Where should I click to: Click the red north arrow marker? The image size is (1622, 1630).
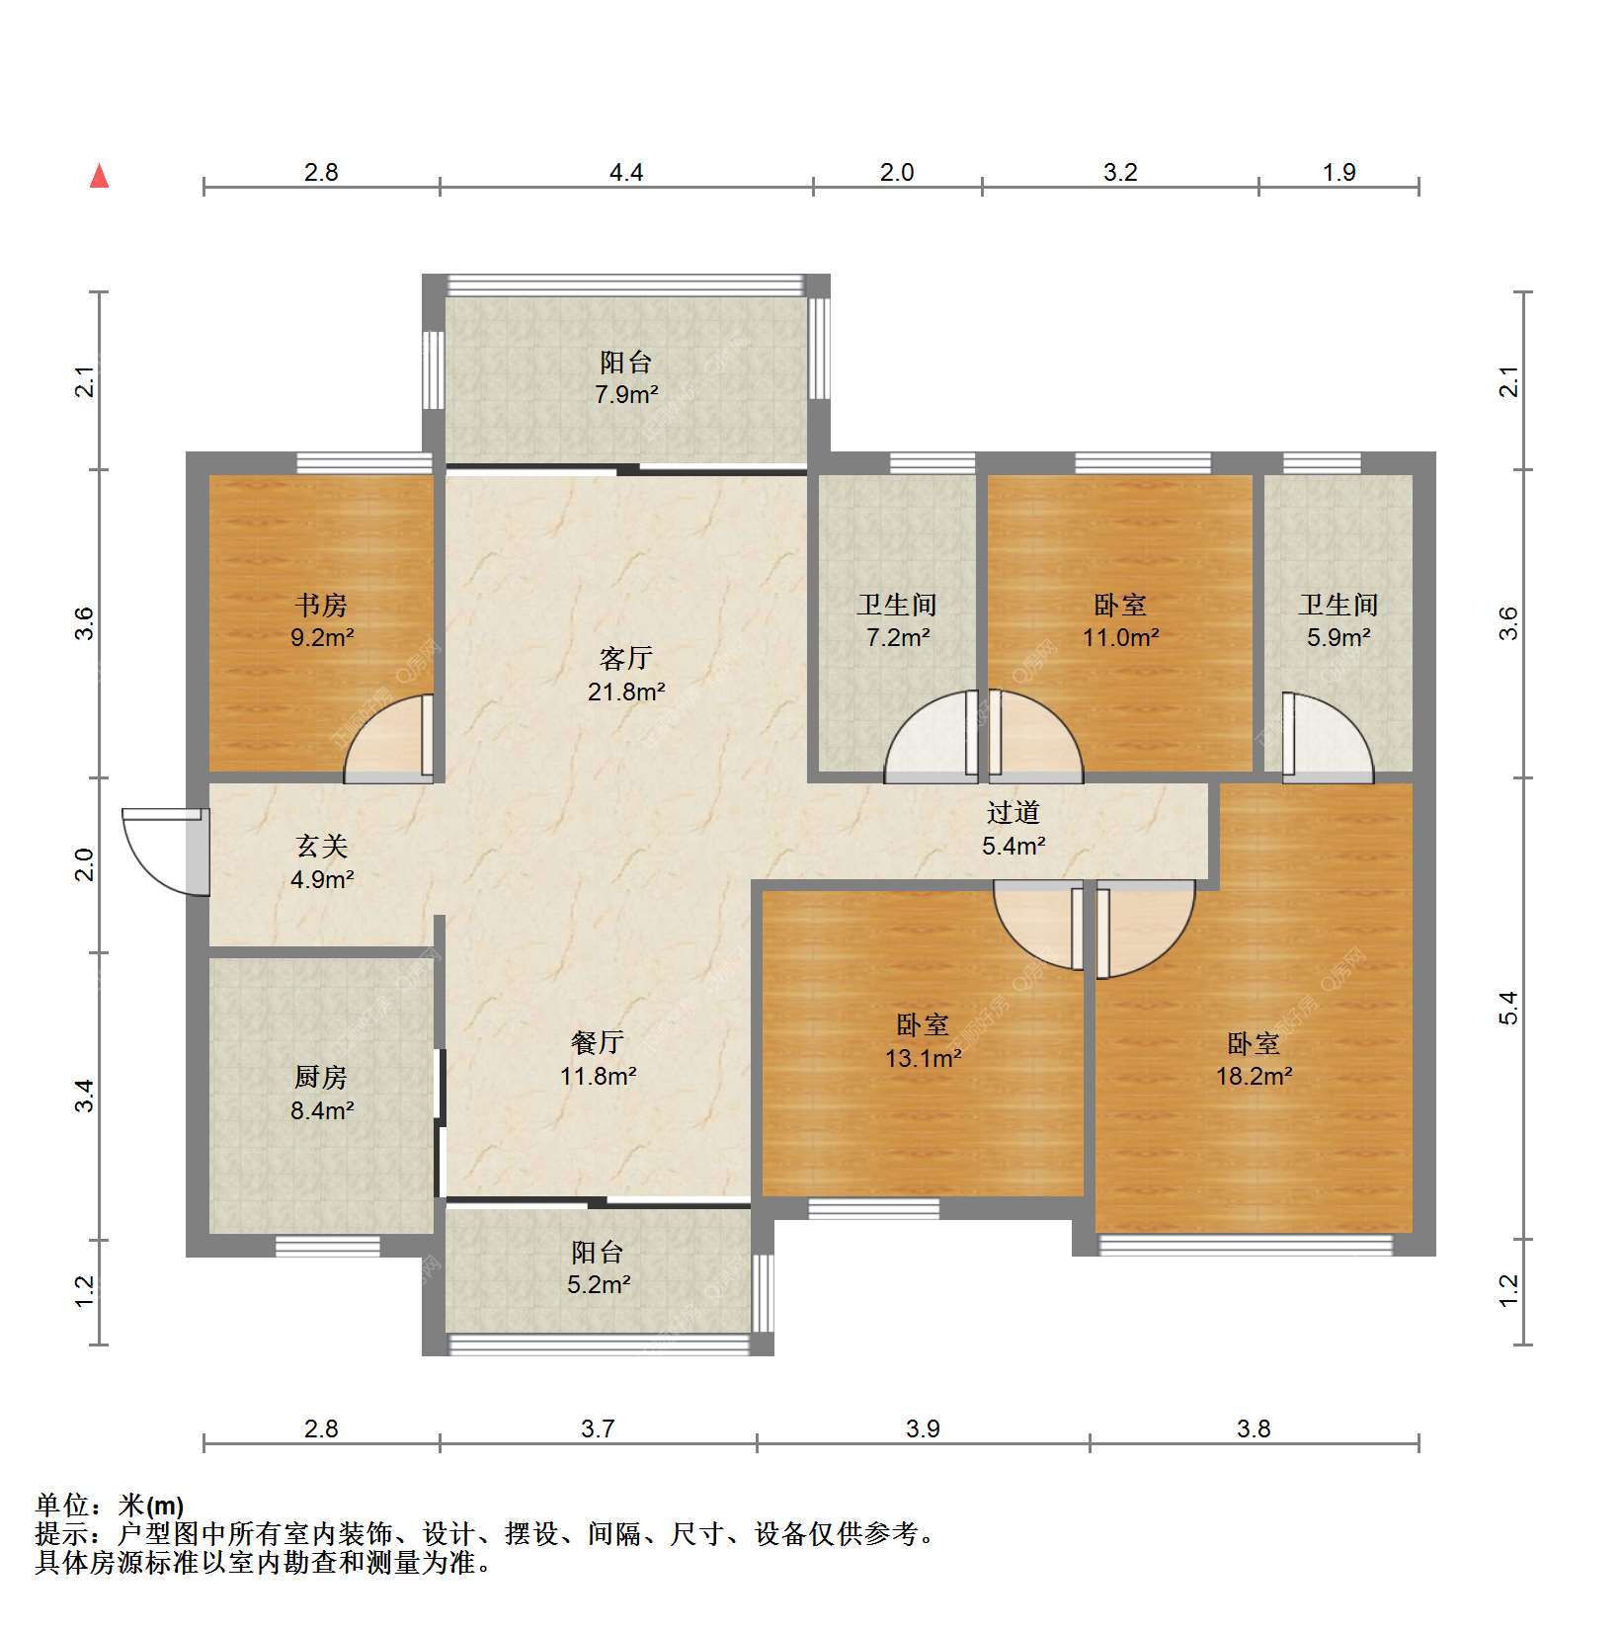click(x=99, y=176)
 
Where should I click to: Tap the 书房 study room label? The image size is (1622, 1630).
click(x=321, y=605)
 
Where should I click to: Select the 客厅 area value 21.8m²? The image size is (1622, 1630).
click(x=626, y=692)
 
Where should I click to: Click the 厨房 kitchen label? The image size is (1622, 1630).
click(x=321, y=1077)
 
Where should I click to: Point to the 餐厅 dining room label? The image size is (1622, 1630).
click(x=598, y=1042)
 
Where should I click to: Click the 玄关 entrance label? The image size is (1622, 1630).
click(x=322, y=847)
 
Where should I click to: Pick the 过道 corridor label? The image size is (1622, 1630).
click(x=1014, y=812)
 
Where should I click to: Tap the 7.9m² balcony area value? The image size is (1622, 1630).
click(x=626, y=395)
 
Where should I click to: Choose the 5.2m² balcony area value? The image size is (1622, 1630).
click(x=598, y=1285)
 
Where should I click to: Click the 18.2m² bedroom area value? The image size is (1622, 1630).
click(x=1254, y=1076)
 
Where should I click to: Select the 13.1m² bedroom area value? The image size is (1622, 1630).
click(x=923, y=1059)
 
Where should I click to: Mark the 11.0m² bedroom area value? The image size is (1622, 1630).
click(x=1120, y=637)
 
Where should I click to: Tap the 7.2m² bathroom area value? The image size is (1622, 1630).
click(x=897, y=637)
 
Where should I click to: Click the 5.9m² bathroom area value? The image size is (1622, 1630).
click(x=1338, y=637)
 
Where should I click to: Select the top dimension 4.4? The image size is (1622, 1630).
click(x=626, y=173)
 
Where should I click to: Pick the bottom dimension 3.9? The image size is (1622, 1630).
click(x=923, y=1428)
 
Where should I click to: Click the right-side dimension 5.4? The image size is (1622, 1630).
click(x=1507, y=1008)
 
